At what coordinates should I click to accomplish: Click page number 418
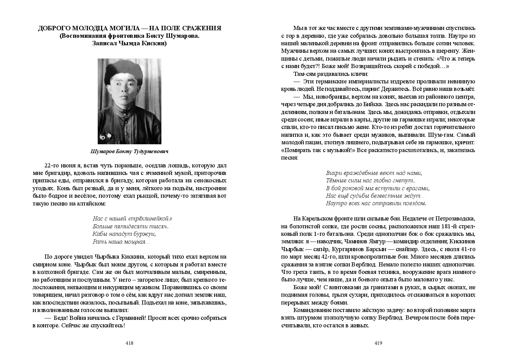[129, 343]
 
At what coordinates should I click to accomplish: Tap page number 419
[378, 343]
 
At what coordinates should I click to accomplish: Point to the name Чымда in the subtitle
[129, 43]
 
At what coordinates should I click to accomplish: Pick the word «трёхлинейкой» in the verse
[151, 218]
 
